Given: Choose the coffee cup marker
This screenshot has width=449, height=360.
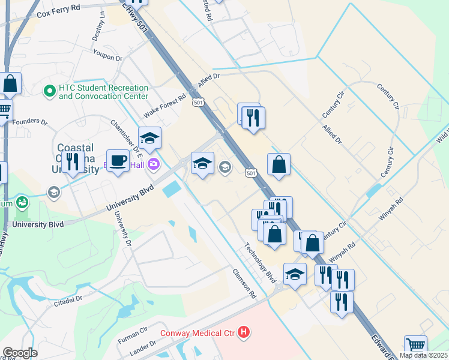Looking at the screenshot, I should pyautogui.click(x=118, y=161).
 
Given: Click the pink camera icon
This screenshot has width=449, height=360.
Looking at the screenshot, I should pyautogui.click(x=154, y=163).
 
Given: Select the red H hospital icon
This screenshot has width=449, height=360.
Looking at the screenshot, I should pyautogui.click(x=243, y=331).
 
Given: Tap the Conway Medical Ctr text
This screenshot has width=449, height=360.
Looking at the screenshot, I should pyautogui.click(x=197, y=332).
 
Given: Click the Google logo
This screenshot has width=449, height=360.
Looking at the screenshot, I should pyautogui.click(x=19, y=353).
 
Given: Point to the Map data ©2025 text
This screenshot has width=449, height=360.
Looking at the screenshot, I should pyautogui.click(x=424, y=355).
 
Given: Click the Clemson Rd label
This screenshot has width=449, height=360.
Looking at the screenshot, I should pyautogui.click(x=244, y=283).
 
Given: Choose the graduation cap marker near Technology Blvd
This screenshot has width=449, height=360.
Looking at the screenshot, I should pyautogui.click(x=295, y=275).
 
